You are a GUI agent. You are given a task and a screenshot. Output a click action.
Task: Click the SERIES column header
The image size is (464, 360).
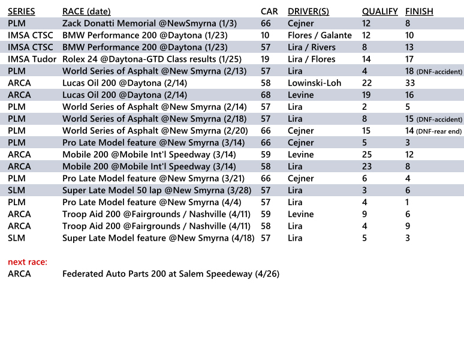[21, 11]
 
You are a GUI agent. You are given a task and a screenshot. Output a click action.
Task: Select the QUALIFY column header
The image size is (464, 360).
[379, 11]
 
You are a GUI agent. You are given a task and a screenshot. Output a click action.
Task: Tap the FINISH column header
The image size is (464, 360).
[419, 11]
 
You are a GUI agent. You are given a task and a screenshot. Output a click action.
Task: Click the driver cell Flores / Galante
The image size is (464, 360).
[320, 35]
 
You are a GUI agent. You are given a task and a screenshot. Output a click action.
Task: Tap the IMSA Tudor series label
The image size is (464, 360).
[32, 59]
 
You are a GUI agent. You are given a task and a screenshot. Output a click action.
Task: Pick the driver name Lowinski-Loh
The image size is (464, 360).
[314, 83]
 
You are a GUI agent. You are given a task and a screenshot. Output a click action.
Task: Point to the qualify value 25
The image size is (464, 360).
[367, 155]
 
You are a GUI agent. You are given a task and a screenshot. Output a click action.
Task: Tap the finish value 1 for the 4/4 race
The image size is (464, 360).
[408, 202]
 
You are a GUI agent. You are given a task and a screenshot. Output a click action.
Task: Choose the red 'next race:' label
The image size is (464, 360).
[28, 262]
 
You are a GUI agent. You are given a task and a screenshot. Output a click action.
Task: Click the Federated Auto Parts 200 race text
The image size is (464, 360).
[171, 274]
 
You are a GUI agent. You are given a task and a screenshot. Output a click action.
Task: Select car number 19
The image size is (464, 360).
[266, 59]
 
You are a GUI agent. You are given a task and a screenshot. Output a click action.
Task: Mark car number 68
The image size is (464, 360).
[266, 95]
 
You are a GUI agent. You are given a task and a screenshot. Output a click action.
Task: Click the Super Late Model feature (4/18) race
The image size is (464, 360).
[159, 238]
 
